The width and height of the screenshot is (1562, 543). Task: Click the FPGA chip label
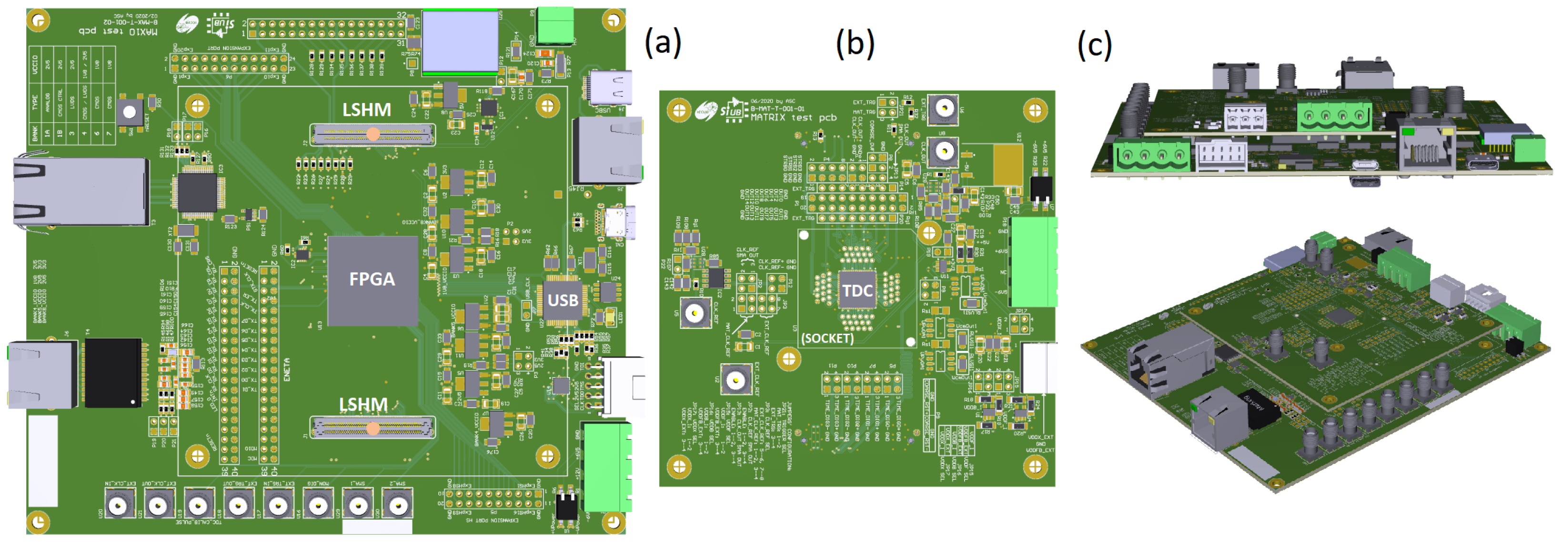pos(372,279)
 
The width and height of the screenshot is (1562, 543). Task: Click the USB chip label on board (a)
pos(563,300)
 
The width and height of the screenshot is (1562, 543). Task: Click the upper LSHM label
pos(366,110)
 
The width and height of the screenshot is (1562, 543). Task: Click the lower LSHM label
pos(363,405)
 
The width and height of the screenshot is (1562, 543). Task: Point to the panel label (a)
pos(663,42)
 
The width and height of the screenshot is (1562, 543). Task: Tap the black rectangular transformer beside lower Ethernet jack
pos(113,372)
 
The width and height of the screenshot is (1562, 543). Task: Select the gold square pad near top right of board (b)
pos(1008,164)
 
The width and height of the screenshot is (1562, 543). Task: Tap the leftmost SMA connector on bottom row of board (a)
pos(120,503)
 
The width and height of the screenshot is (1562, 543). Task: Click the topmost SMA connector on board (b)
pos(943,109)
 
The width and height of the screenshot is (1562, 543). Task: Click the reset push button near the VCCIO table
pos(129,112)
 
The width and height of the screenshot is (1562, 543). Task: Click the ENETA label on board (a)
pos(287,369)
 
